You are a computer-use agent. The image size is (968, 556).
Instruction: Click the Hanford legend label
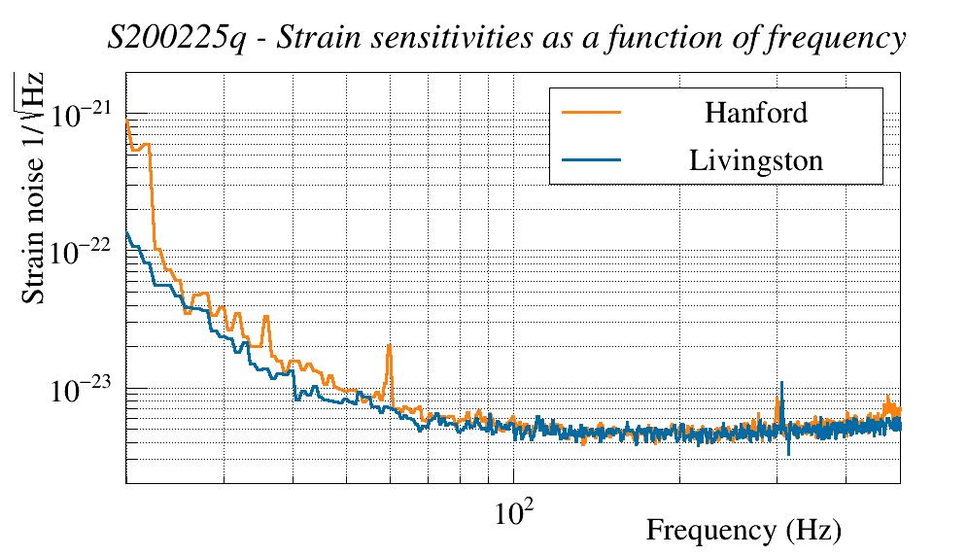coord(755,112)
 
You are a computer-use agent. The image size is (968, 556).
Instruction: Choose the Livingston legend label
coord(755,159)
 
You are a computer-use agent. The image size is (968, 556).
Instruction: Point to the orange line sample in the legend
coord(591,112)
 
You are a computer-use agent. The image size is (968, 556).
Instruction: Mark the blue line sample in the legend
coord(591,159)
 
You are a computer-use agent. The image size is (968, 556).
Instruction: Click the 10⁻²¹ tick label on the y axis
coord(86,116)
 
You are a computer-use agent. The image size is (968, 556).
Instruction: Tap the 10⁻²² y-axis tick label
coord(86,252)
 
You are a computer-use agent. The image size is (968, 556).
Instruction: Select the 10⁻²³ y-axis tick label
coord(86,390)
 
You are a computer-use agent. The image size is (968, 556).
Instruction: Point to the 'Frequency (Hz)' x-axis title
coord(743,531)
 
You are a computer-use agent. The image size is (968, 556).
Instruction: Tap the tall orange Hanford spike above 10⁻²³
coord(389,346)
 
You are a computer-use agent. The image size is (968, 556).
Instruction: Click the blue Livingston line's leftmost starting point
coord(127,232)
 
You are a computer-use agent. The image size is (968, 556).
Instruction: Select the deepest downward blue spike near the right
coord(788,452)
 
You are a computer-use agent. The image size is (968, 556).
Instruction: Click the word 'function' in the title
coord(689,39)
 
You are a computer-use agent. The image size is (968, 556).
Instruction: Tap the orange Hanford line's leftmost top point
coord(127,120)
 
